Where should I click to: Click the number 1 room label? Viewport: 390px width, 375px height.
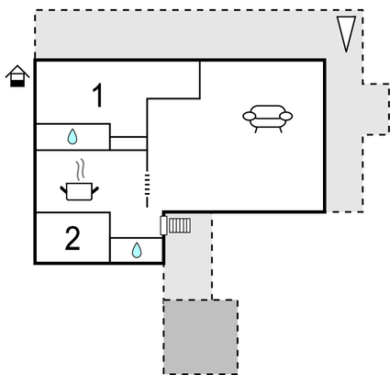[98, 94]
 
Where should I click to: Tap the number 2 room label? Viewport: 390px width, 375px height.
[72, 238]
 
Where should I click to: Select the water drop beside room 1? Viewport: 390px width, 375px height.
[72, 137]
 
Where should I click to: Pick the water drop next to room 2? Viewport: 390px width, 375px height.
[137, 250]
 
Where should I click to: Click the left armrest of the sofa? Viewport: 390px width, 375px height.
[249, 116]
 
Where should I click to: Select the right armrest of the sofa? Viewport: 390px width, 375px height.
[286, 116]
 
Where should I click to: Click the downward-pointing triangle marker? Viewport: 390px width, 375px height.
[346, 34]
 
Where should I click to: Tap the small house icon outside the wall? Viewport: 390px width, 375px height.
[17, 77]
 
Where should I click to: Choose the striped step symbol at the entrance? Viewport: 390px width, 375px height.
[180, 223]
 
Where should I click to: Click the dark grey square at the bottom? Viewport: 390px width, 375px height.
[200, 336]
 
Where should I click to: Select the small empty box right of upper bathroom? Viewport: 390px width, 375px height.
[128, 142]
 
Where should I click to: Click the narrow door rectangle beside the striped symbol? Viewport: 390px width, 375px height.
[164, 223]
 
